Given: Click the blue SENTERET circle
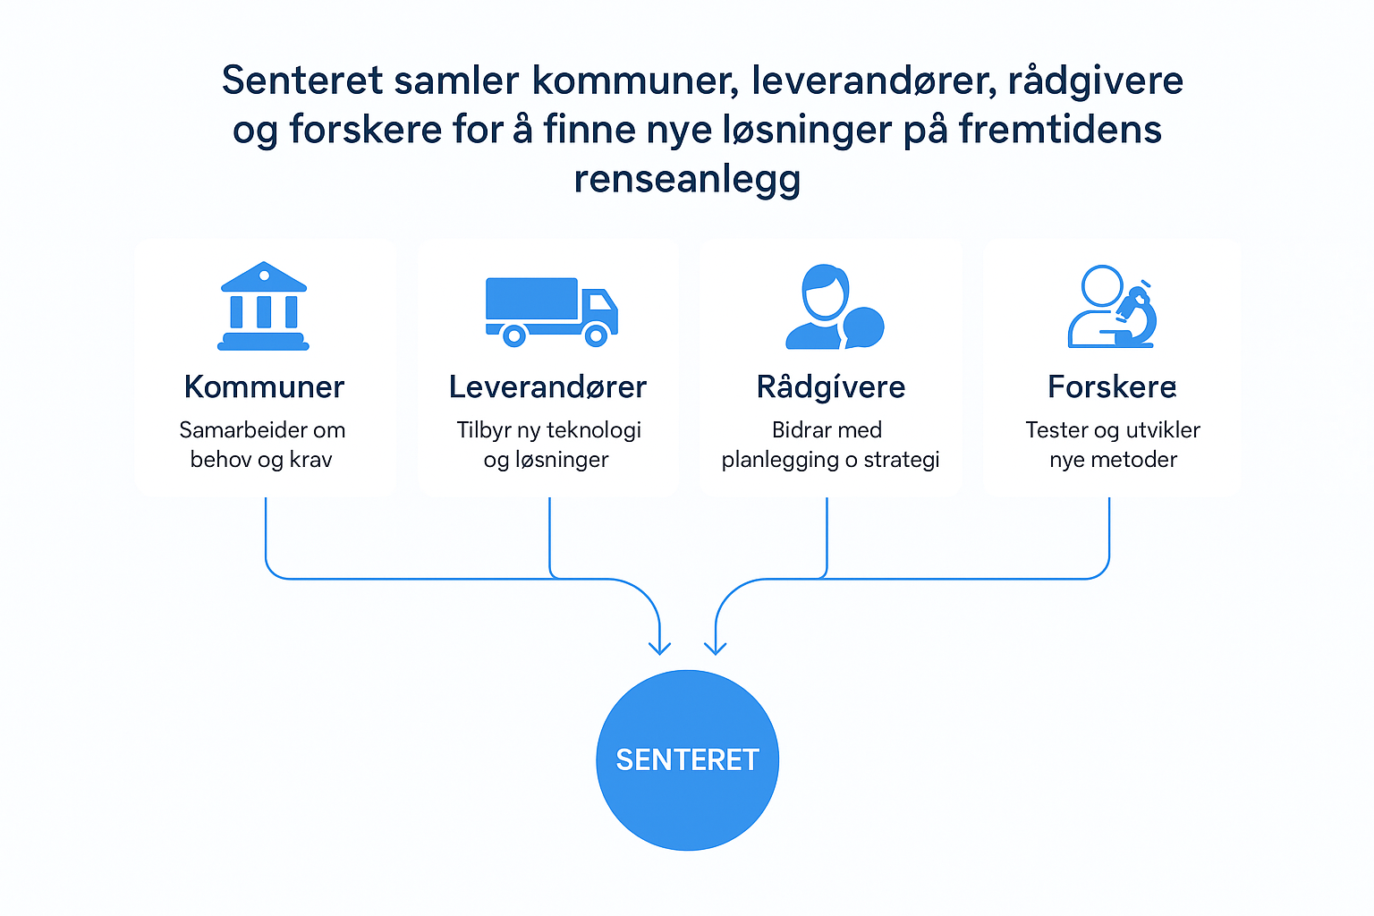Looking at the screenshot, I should tap(687, 759).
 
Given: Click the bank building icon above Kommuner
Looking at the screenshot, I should tap(263, 306).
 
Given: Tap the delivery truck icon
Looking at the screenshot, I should tap(551, 310).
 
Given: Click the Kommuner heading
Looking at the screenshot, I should tap(264, 387).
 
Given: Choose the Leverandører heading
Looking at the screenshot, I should tap(547, 387).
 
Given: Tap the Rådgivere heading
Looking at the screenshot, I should tap(830, 387).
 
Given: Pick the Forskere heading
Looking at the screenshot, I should tap(1112, 387).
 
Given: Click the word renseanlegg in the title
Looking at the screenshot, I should tap(687, 179).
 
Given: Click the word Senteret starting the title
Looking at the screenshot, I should tap(301, 81).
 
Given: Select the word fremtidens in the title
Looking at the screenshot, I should tap(1060, 130).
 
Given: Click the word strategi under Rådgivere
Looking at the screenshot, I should tap(901, 460).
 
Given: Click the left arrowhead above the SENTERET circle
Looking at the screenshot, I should tap(659, 647).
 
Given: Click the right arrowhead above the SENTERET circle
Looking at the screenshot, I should tap(716, 647).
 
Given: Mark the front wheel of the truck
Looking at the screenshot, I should tap(596, 335).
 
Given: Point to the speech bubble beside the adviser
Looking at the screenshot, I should tap(864, 327).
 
